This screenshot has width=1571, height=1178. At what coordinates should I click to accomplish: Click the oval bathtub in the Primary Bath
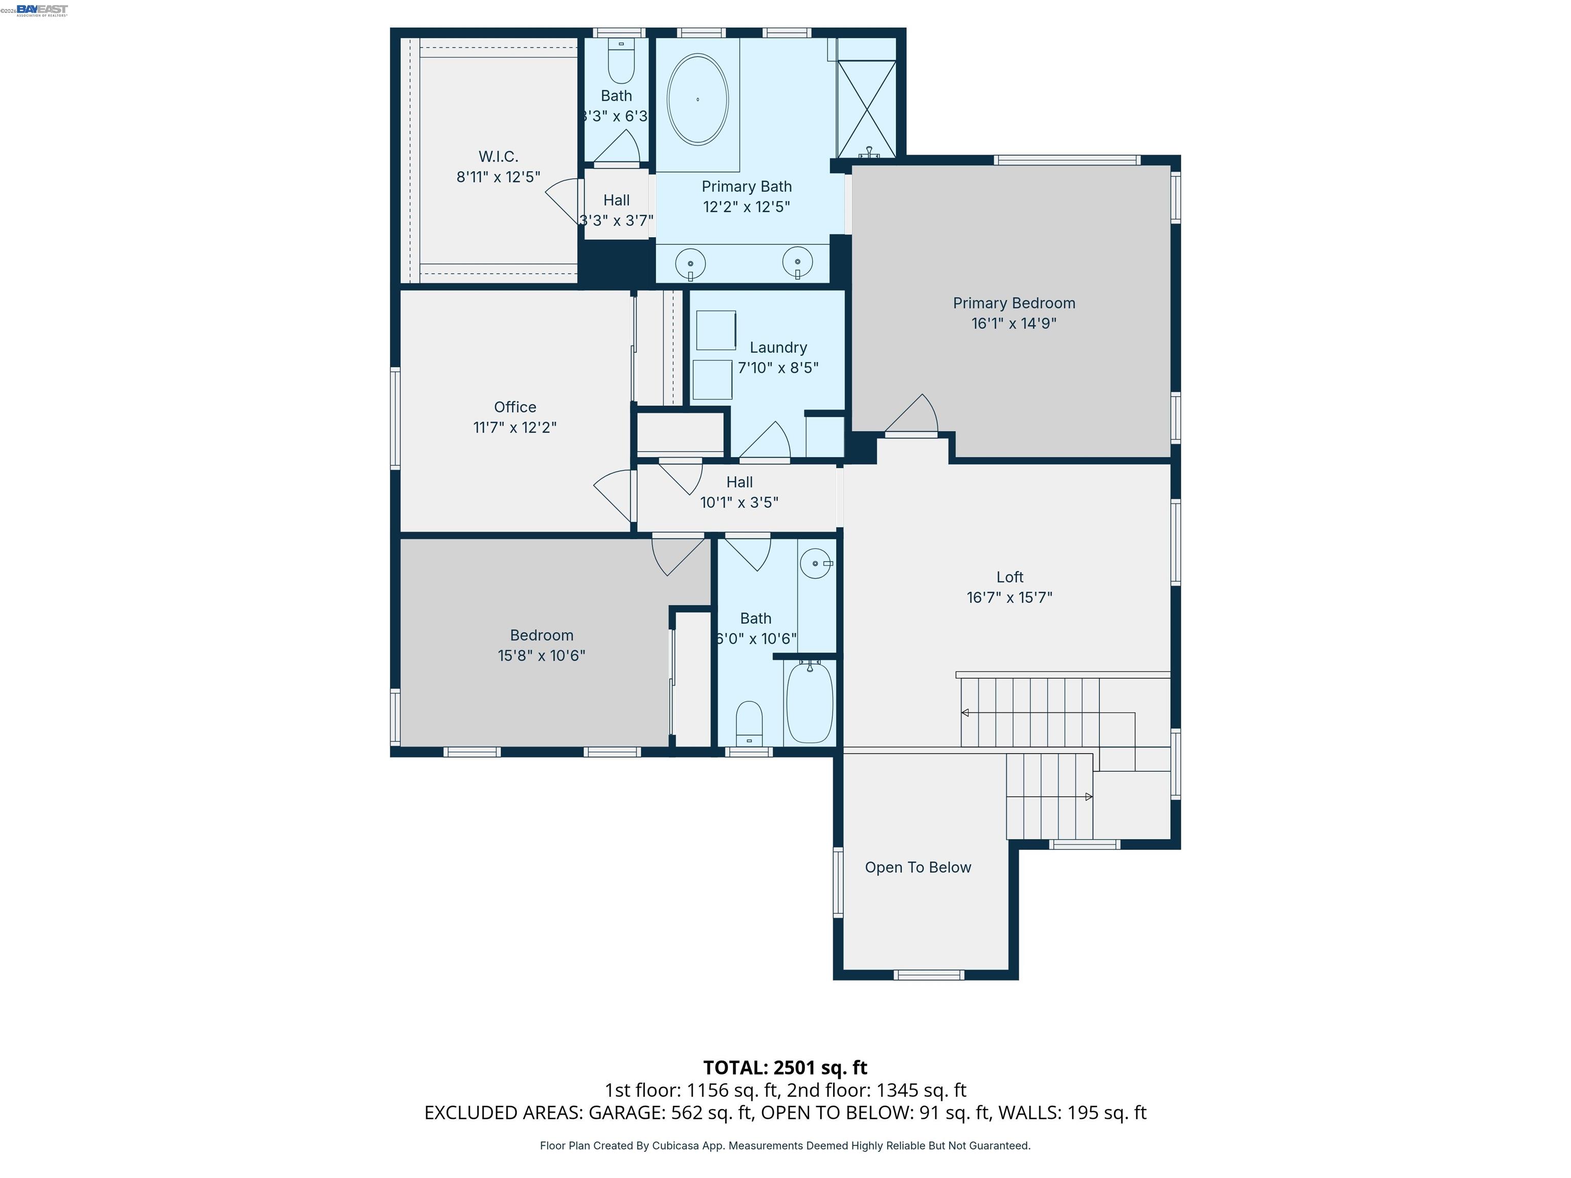[698, 99]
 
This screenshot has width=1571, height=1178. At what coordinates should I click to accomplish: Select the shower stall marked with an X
[866, 108]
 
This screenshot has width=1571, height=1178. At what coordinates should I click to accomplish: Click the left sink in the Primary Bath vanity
[690, 263]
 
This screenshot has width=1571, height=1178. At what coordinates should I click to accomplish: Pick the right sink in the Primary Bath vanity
[798, 262]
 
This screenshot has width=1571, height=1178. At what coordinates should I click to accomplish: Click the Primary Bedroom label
[1014, 303]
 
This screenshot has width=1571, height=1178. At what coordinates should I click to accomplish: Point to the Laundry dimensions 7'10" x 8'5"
[778, 368]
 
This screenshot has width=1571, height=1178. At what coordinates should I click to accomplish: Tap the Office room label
[515, 407]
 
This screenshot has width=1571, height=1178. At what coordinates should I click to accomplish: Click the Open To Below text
[917, 867]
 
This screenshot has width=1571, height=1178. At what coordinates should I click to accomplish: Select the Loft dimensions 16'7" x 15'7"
[1009, 597]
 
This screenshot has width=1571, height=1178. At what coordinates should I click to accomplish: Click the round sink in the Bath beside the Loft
[815, 563]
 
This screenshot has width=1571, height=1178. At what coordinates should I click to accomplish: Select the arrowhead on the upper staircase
[965, 712]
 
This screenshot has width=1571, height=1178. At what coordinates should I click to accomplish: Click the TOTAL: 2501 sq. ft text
[785, 1067]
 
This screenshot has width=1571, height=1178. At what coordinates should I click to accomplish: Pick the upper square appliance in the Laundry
[715, 330]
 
